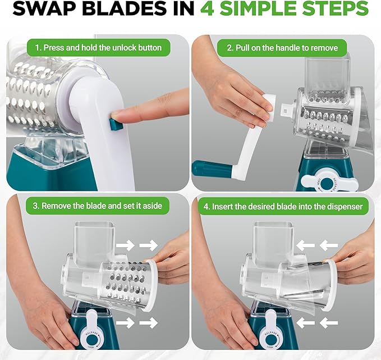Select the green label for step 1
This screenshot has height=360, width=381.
click(98, 48)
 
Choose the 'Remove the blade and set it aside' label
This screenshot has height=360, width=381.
click(98, 206)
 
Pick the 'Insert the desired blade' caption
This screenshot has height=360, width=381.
click(283, 206)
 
